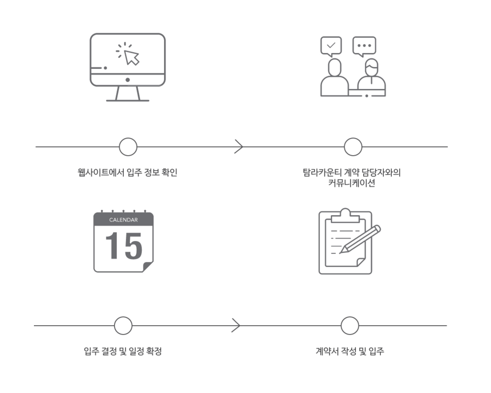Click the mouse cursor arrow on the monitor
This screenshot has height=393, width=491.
tap(132, 57)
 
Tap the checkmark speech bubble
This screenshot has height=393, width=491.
tap(331, 46)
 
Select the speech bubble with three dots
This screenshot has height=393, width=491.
tap(364, 46)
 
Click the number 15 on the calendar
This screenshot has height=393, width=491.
tap(124, 246)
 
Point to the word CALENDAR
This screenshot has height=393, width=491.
tap(123, 220)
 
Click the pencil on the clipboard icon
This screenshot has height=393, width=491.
tap(360, 239)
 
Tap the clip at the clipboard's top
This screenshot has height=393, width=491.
tap(345, 216)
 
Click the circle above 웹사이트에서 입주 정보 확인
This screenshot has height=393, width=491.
tap(128, 147)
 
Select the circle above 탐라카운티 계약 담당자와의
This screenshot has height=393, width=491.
tap(353, 147)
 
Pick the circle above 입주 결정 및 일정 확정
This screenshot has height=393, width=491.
tap(123, 326)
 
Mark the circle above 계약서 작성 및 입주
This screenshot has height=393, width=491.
tap(350, 326)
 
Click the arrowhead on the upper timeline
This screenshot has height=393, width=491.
tap(239, 147)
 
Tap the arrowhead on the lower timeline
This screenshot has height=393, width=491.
tap(236, 325)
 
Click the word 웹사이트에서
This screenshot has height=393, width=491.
tap(101, 172)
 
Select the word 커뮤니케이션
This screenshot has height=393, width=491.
tap(351, 183)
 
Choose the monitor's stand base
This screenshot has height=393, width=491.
tap(128, 100)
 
